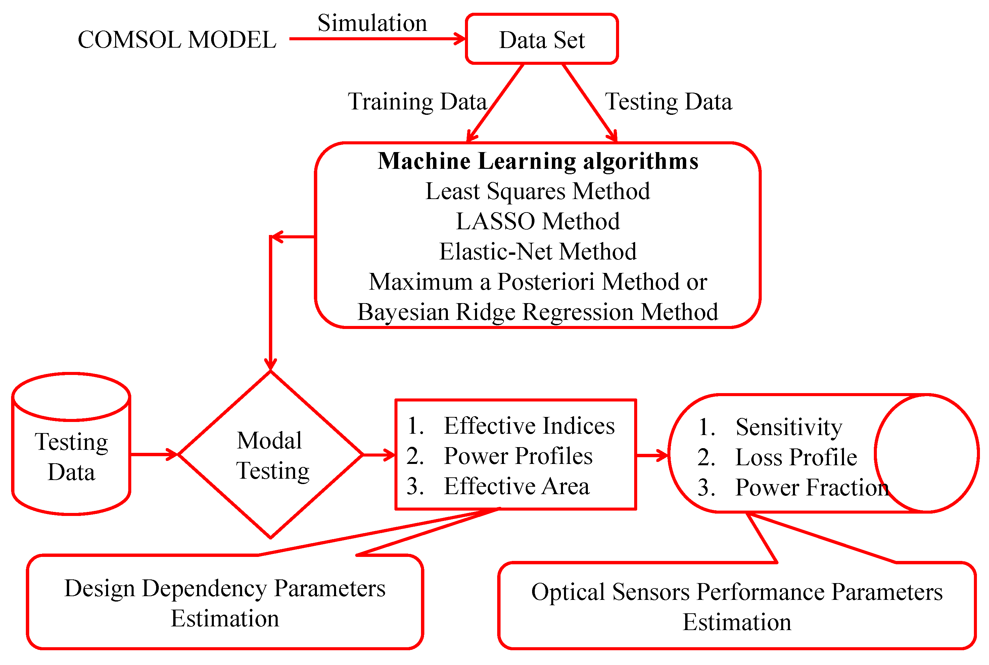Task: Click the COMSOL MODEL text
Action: pyautogui.click(x=177, y=40)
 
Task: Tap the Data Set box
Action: pyautogui.click(x=541, y=39)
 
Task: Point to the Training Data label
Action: pyautogui.click(x=417, y=101)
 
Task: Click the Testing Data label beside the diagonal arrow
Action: pyautogui.click(x=668, y=102)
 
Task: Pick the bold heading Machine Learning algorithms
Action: pyautogui.click(x=538, y=161)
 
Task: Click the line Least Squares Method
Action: pyautogui.click(x=537, y=191)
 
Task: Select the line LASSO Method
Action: pyautogui.click(x=537, y=221)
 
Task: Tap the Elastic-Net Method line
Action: pyautogui.click(x=537, y=251)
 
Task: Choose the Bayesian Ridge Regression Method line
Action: pyautogui.click(x=537, y=312)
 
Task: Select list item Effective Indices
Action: pyautogui.click(x=529, y=426)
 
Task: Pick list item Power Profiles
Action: pyautogui.click(x=518, y=456)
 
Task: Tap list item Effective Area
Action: pyautogui.click(x=516, y=486)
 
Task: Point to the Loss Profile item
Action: pyautogui.click(x=796, y=457)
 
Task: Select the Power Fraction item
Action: pyautogui.click(x=811, y=487)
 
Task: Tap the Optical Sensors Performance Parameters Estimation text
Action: pyautogui.click(x=737, y=607)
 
